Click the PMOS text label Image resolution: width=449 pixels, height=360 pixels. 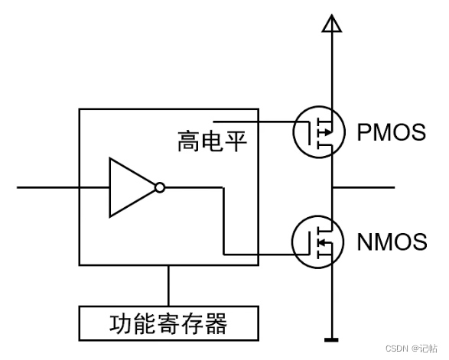tap(391, 132)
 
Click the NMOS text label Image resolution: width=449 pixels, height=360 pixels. tap(392, 242)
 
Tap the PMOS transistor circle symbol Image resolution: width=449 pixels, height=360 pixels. tap(318, 132)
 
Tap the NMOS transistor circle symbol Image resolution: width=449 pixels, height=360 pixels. tap(318, 242)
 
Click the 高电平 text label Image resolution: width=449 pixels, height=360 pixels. tap(213, 141)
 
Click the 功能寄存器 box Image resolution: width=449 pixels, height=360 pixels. tap(168, 323)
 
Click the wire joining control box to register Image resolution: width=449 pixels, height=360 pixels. tap(168, 286)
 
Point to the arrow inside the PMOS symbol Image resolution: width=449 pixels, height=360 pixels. tap(326, 132)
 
